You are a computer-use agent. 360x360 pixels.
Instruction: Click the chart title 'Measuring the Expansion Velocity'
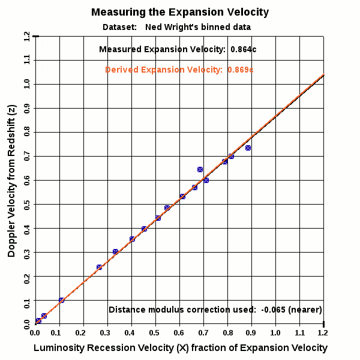180,12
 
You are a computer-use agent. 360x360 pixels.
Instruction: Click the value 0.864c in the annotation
244,49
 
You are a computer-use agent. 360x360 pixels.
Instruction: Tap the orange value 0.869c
241,70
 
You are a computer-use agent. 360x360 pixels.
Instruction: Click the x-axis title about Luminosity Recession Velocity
180,348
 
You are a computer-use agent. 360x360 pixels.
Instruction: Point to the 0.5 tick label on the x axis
155,332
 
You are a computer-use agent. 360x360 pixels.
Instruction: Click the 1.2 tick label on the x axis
323,332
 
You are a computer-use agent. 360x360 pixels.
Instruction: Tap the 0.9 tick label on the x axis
251,332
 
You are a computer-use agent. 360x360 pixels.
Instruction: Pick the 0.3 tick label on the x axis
107,332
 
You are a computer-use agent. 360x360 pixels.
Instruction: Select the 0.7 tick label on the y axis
27,156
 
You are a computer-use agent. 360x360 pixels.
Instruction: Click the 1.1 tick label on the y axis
27,60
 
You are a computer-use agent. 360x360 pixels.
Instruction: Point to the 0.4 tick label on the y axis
27,228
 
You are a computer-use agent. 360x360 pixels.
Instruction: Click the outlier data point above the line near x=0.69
200,170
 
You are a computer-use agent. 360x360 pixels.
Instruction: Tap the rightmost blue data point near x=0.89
248,148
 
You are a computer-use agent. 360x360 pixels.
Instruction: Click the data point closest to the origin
38,321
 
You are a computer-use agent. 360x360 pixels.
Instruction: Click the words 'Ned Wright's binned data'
198,27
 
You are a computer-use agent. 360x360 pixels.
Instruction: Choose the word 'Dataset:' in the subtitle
119,27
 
